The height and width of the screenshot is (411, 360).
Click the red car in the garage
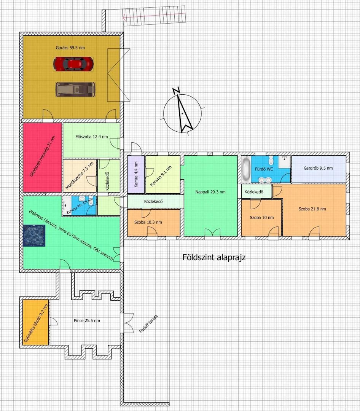(x=73, y=64)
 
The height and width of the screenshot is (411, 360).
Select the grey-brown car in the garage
(x=75, y=89)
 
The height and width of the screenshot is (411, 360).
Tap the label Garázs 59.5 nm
(x=70, y=48)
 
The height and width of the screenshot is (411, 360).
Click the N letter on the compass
(x=176, y=91)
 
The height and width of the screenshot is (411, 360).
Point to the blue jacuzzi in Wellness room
(x=34, y=236)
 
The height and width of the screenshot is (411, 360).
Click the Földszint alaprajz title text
(x=214, y=257)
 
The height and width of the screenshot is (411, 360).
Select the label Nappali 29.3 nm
(x=210, y=192)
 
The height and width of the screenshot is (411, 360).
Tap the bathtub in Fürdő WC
(x=246, y=169)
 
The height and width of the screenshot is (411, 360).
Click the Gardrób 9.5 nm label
(x=318, y=168)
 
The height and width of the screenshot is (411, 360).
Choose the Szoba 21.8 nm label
(x=312, y=209)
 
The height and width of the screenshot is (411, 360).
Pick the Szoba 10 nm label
(x=262, y=218)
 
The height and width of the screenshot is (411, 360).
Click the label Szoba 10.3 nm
(x=148, y=222)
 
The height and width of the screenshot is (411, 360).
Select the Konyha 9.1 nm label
(x=161, y=176)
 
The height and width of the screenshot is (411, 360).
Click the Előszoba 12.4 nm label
(x=91, y=137)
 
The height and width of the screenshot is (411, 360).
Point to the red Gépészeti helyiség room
(x=43, y=158)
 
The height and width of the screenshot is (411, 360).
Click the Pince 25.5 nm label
(x=87, y=320)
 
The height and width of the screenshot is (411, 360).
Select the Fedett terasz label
(x=148, y=324)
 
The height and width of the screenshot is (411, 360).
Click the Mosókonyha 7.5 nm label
(x=79, y=175)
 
